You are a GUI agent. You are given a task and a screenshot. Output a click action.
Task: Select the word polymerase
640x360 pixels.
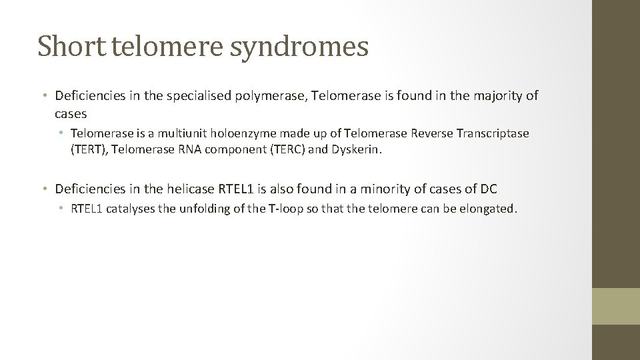click(x=270, y=96)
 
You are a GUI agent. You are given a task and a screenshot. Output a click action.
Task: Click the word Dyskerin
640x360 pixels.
click(x=357, y=149)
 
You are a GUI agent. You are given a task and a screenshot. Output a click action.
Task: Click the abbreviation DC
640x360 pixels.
click(x=489, y=189)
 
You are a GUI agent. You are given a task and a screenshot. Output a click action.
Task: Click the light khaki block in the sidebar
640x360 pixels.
click(x=615, y=306)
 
